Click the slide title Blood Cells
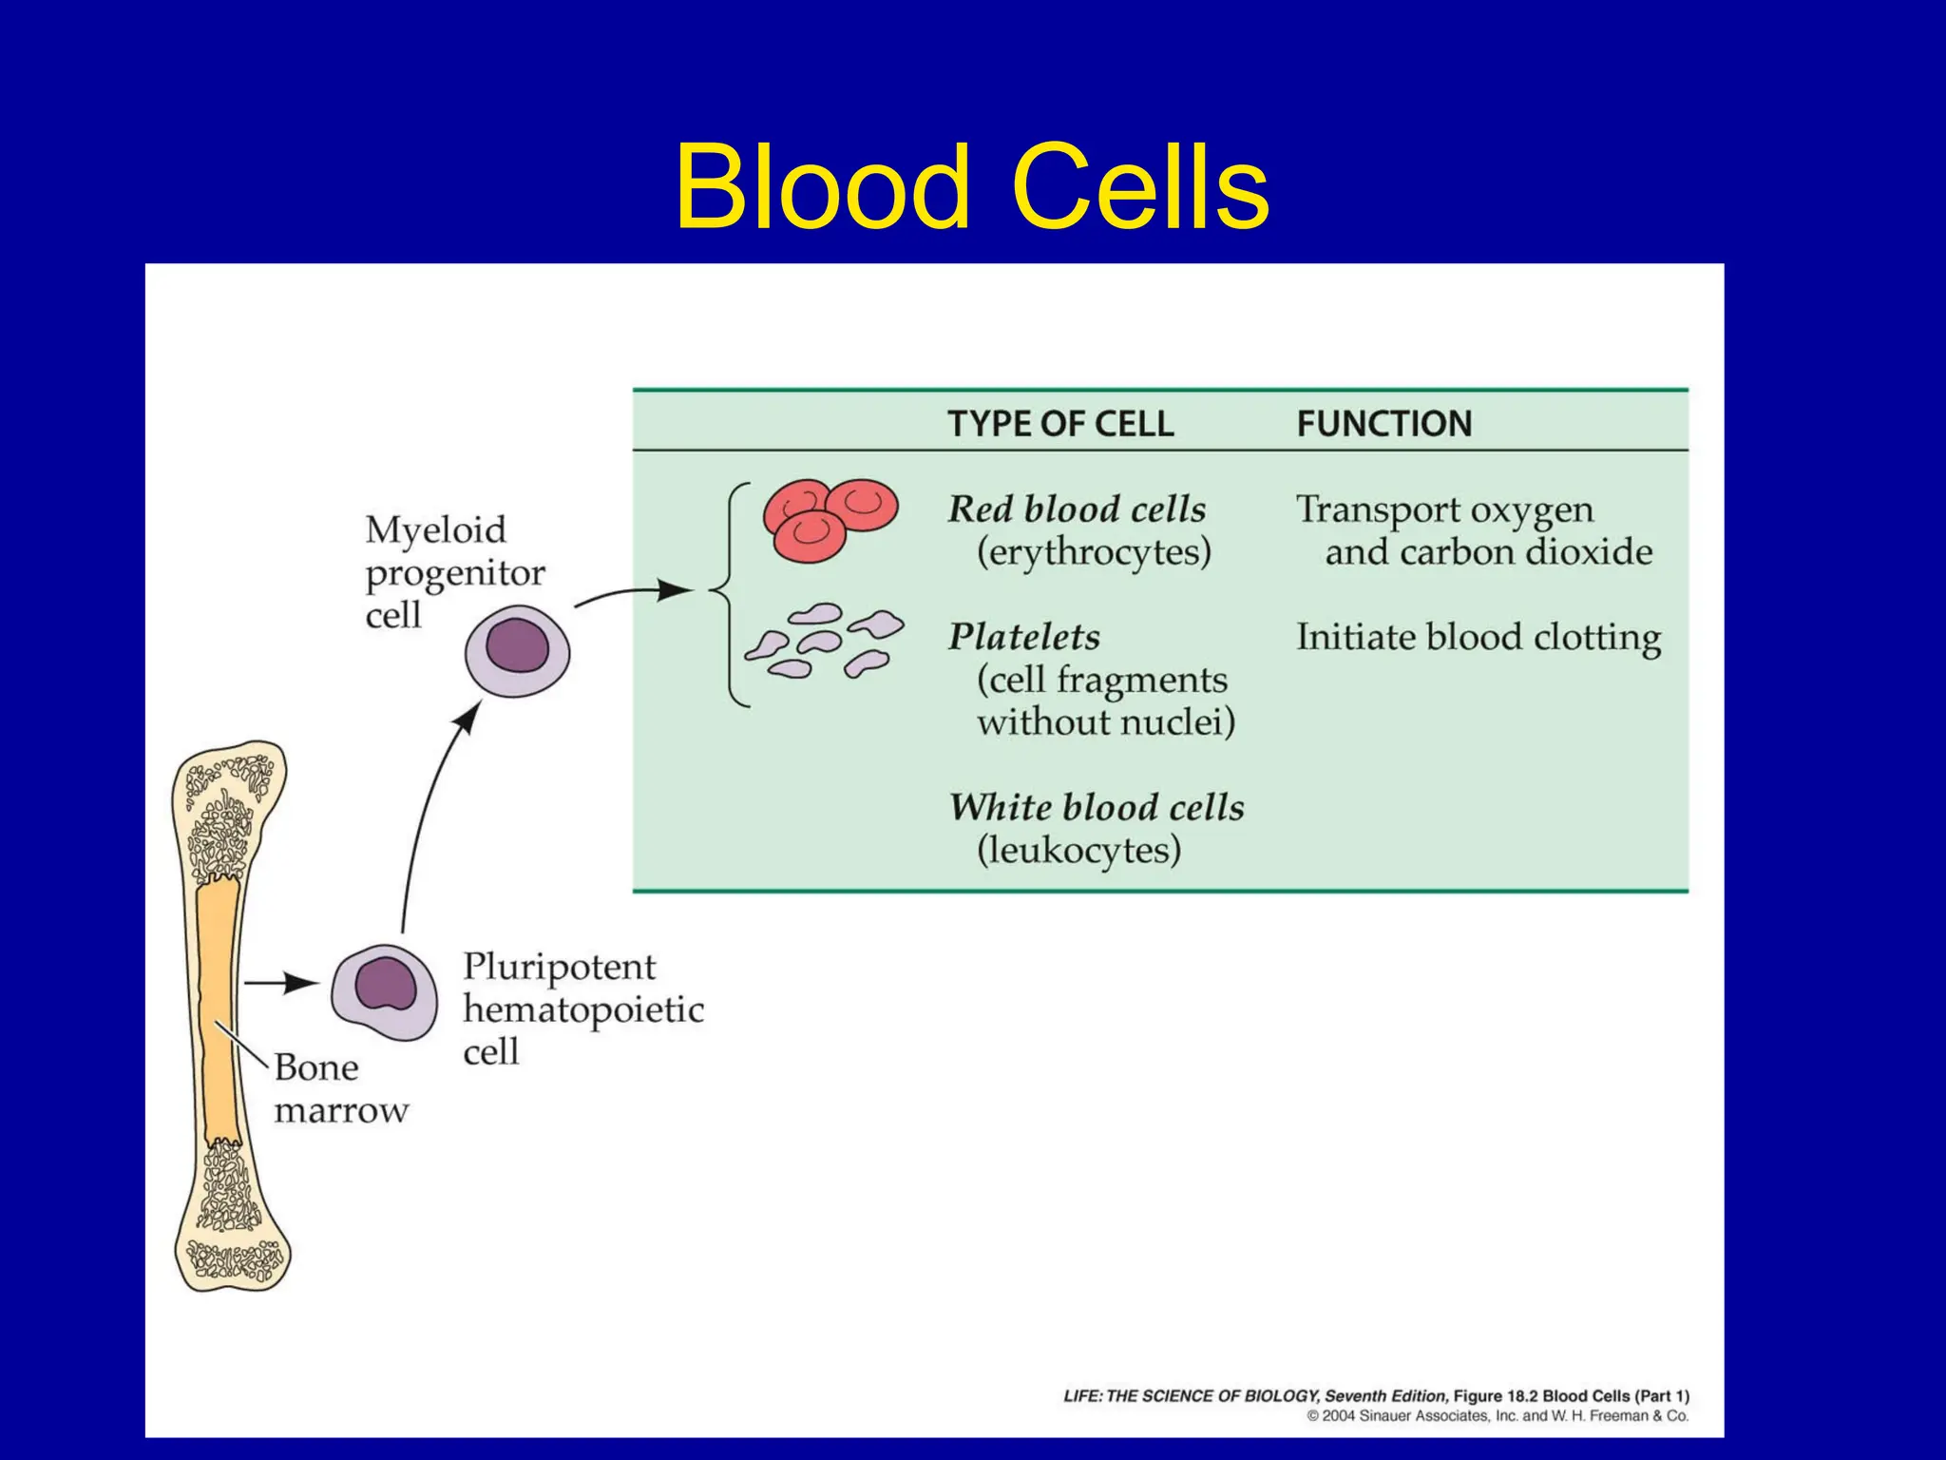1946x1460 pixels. (971, 187)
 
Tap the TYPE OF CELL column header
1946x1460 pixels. (1059, 424)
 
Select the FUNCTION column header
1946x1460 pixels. (1383, 424)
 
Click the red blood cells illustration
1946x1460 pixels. (829, 520)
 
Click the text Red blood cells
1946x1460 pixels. (1076, 509)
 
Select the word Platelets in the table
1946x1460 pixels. (1023, 637)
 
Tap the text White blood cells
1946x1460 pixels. (1096, 808)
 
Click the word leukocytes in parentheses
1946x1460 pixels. (1078, 850)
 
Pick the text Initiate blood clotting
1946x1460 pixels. (1478, 637)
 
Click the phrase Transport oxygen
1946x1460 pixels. (1444, 509)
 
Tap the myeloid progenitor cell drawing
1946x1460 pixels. (517, 652)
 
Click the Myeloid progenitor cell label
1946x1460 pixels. (453, 572)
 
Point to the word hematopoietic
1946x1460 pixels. (582, 1009)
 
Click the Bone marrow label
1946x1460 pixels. (339, 1088)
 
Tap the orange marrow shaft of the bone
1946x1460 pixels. (218, 1012)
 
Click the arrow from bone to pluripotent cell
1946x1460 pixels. (281, 982)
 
